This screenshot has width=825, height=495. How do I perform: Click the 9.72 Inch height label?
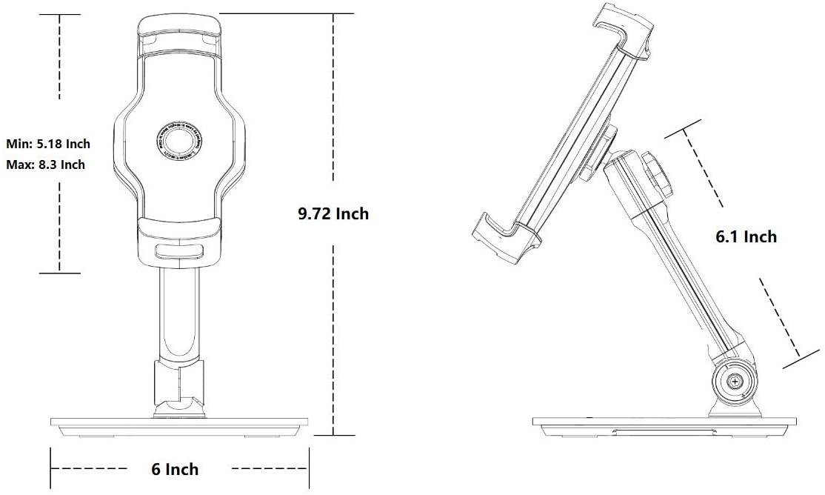[333, 214]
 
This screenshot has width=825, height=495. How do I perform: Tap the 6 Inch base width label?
[175, 469]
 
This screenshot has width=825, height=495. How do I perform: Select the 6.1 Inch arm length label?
[745, 236]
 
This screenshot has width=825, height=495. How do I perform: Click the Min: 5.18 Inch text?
[48, 143]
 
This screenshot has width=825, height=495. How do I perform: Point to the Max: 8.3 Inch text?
[45, 165]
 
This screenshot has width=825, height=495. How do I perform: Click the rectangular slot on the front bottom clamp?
[178, 250]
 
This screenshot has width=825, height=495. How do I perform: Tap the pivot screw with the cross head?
[734, 381]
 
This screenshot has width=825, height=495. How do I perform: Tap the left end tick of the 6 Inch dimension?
[51, 468]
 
